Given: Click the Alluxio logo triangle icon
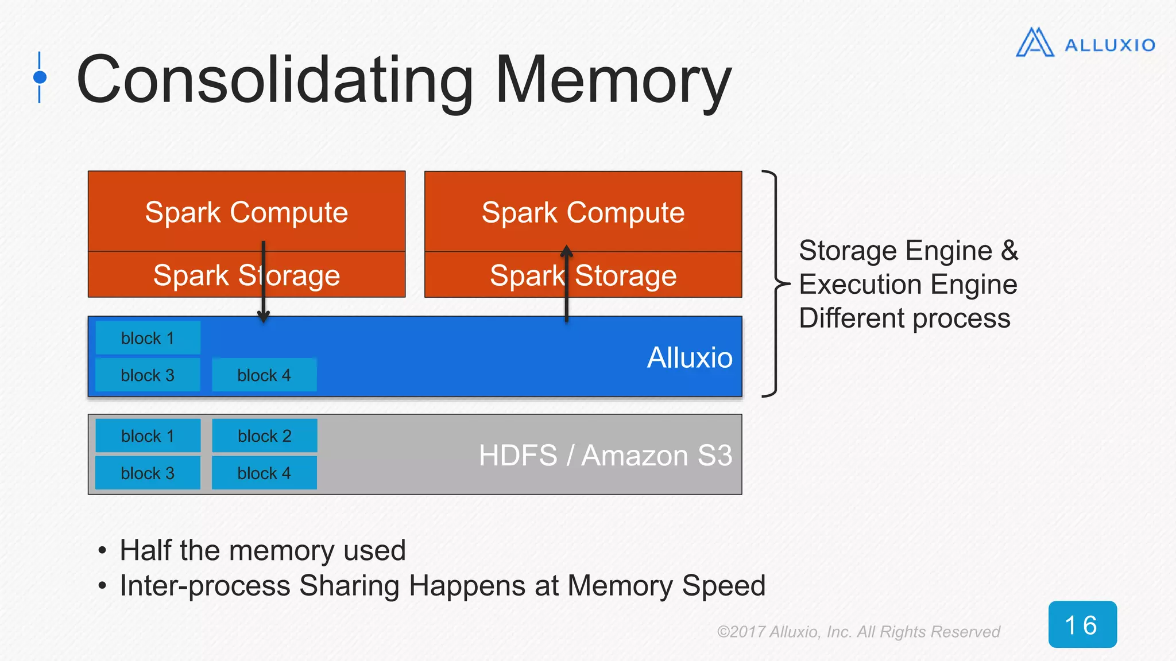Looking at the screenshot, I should point(1035,43).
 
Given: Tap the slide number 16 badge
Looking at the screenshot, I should point(1082,624).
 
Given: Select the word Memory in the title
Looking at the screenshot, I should point(613,80).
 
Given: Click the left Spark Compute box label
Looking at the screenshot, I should point(246,212).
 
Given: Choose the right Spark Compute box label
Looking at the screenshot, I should point(583,212).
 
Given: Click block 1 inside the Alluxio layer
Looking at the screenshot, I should point(148,338).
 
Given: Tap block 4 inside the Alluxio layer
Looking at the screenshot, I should point(264,375).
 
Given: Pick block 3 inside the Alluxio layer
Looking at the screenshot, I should point(148,375).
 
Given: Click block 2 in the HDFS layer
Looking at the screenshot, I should point(265,436).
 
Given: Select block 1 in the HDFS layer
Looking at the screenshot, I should point(148,436).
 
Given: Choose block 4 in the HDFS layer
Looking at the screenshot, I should point(264,473).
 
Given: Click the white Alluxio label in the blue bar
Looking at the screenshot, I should point(690,357).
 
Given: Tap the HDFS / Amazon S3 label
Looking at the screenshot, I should point(605,456).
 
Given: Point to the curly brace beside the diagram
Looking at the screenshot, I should point(775,283).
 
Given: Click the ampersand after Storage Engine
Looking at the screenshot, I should point(1009,251).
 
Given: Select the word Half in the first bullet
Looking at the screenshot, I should point(146,550).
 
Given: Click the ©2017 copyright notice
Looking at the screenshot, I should point(858,632).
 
